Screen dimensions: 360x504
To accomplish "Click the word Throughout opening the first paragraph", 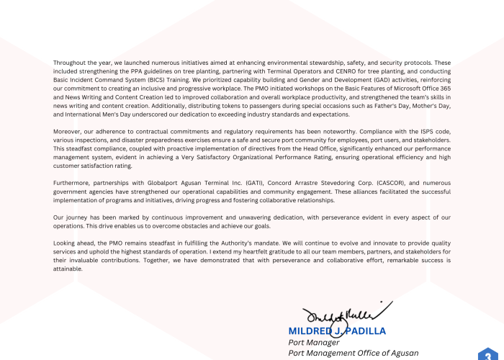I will click(x=69, y=63).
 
